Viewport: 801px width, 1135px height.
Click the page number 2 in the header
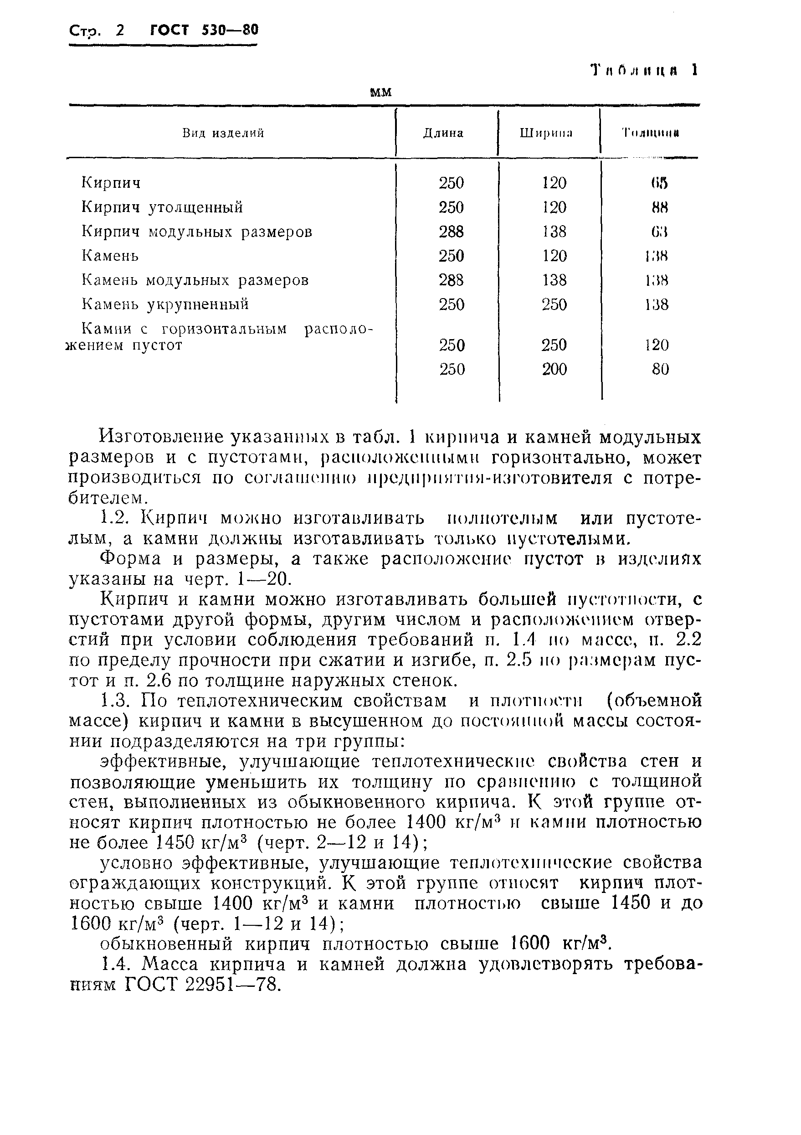119,31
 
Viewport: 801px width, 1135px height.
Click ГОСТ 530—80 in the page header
204,31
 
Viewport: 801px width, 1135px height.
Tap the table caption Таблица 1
645,70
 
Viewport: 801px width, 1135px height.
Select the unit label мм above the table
380,92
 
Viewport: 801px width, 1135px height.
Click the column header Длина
443,133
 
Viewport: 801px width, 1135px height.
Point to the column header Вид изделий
223,133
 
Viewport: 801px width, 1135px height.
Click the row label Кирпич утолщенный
162,207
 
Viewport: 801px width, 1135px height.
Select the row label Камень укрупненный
165,304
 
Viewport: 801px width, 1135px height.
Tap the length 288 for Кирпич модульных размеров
451,232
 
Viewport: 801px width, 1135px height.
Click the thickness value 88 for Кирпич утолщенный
659,207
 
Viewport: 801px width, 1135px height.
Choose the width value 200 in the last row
554,369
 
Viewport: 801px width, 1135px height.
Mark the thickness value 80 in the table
660,369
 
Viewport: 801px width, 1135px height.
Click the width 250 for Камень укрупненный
554,304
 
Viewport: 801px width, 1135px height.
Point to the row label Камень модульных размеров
195,280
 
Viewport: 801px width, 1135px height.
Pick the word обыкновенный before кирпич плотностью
166,944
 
